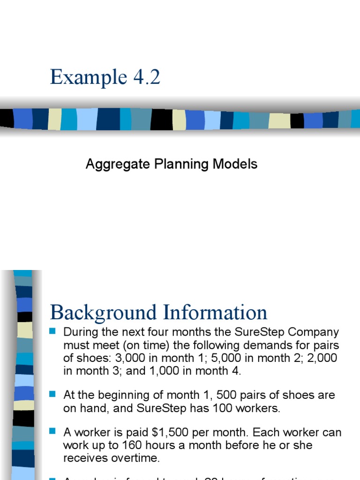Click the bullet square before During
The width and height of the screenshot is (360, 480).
(52, 331)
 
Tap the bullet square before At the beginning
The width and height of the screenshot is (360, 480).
(52, 394)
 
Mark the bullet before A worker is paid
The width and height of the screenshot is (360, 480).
(52, 431)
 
